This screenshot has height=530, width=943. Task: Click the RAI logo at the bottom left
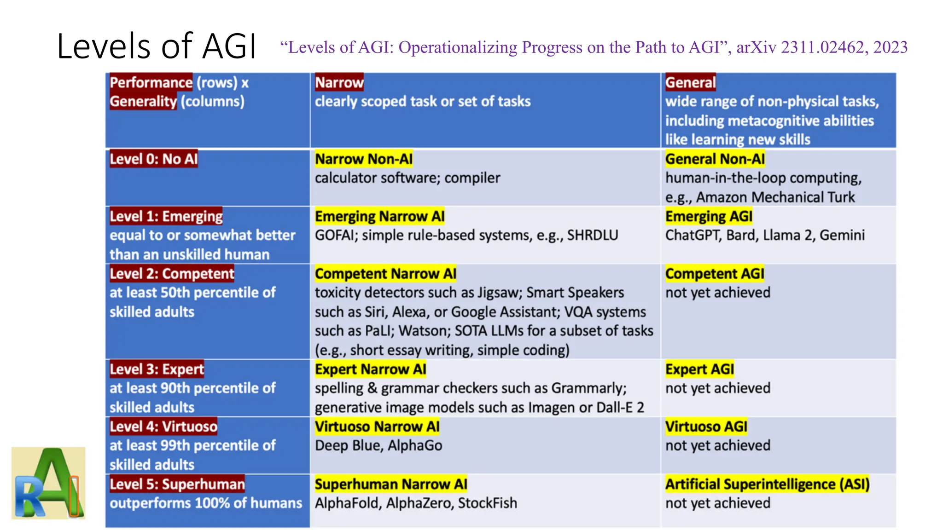coord(48,483)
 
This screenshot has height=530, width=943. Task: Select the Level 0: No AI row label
coord(153,159)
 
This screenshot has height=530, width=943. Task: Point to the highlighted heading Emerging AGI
coord(709,216)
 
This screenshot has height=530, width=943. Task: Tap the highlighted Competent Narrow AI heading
coord(385,274)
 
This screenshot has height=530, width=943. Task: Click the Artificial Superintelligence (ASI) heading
coord(767,484)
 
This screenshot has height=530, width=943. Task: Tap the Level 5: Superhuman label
coord(177,484)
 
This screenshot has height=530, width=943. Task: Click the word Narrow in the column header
coord(339,83)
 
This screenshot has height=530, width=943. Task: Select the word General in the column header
coord(690,83)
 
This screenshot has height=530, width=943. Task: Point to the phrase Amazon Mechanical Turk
coord(775,197)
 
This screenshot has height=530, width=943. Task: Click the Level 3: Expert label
coord(157,369)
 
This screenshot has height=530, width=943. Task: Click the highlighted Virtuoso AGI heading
coord(706,427)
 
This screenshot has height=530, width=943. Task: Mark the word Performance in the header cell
coord(151,83)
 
